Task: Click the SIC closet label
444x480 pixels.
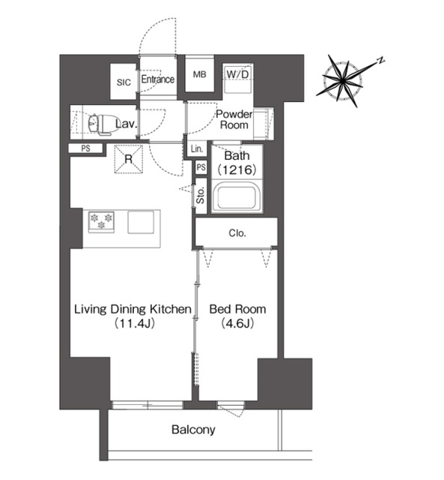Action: (x=124, y=82)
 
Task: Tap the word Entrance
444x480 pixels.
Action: (x=158, y=79)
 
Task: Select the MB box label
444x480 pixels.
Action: (x=200, y=74)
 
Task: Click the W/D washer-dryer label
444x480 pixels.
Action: (x=237, y=74)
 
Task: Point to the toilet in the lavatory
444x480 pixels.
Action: (x=100, y=124)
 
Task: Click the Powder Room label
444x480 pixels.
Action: (x=234, y=119)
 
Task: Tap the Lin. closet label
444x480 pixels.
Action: (x=197, y=149)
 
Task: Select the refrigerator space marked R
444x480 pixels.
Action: (x=129, y=159)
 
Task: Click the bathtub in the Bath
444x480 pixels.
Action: (x=237, y=196)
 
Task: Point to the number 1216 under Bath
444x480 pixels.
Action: (x=237, y=169)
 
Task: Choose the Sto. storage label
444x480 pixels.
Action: (x=201, y=195)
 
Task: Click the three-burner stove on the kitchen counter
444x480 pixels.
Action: (x=101, y=222)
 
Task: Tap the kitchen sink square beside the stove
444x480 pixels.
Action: (x=141, y=222)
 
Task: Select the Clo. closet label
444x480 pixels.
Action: (x=237, y=233)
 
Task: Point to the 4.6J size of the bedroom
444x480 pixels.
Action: (x=237, y=323)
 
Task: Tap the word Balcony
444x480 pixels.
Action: (x=193, y=430)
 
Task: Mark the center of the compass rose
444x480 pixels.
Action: (x=344, y=81)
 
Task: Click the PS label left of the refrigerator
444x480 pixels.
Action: (x=86, y=148)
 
